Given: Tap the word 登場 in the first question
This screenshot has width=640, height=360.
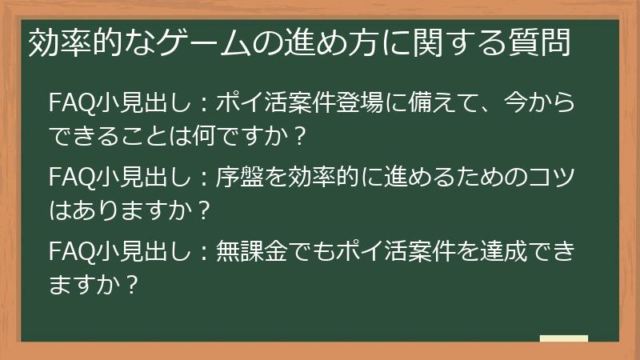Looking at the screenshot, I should click(366, 104).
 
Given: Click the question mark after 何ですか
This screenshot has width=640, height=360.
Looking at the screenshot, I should click(301, 137).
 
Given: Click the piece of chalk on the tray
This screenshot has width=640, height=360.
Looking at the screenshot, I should click(563, 338).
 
